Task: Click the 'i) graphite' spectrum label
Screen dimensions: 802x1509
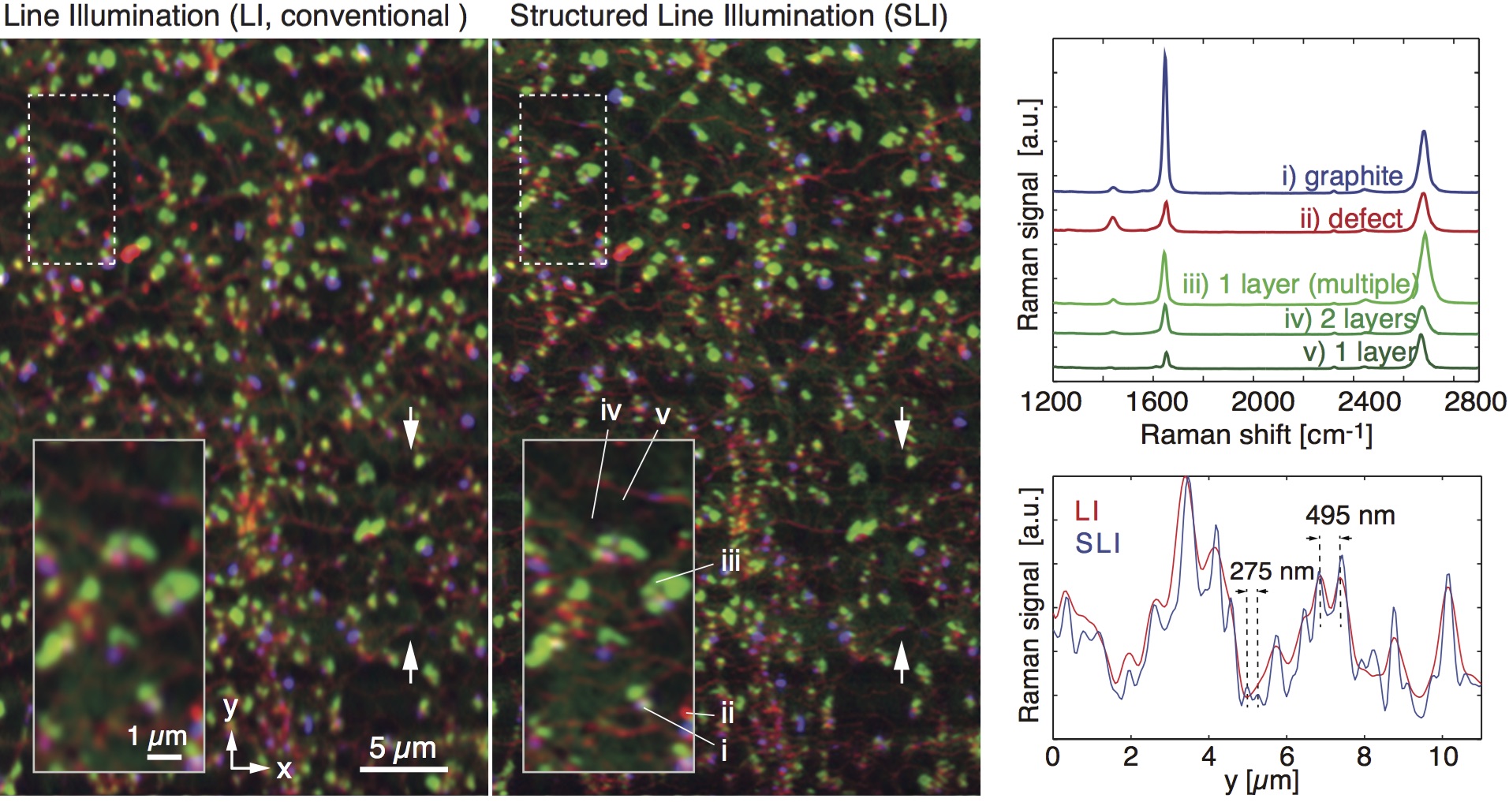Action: coord(1341,177)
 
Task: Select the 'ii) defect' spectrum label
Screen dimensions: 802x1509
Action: coord(1350,218)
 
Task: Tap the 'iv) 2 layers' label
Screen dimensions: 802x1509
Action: coord(1350,319)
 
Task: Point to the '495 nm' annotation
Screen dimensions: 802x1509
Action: coord(1350,516)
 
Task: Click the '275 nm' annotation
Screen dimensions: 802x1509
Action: coord(1272,571)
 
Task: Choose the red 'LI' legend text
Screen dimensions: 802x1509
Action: coord(1086,511)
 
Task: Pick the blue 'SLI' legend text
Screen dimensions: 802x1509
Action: coord(1097,543)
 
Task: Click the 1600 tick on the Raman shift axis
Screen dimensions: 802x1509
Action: coord(1156,401)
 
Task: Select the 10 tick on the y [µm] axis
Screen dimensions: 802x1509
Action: coord(1443,757)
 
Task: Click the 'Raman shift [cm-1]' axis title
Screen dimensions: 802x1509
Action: coord(1256,435)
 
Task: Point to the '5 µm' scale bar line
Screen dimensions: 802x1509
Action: coord(408,768)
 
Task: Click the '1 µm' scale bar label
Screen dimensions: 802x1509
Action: coord(157,737)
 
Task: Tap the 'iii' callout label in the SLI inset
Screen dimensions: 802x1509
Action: coord(730,562)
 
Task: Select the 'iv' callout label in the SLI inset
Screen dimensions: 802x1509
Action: coord(611,411)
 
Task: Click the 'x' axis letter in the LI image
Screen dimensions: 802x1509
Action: coord(284,769)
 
